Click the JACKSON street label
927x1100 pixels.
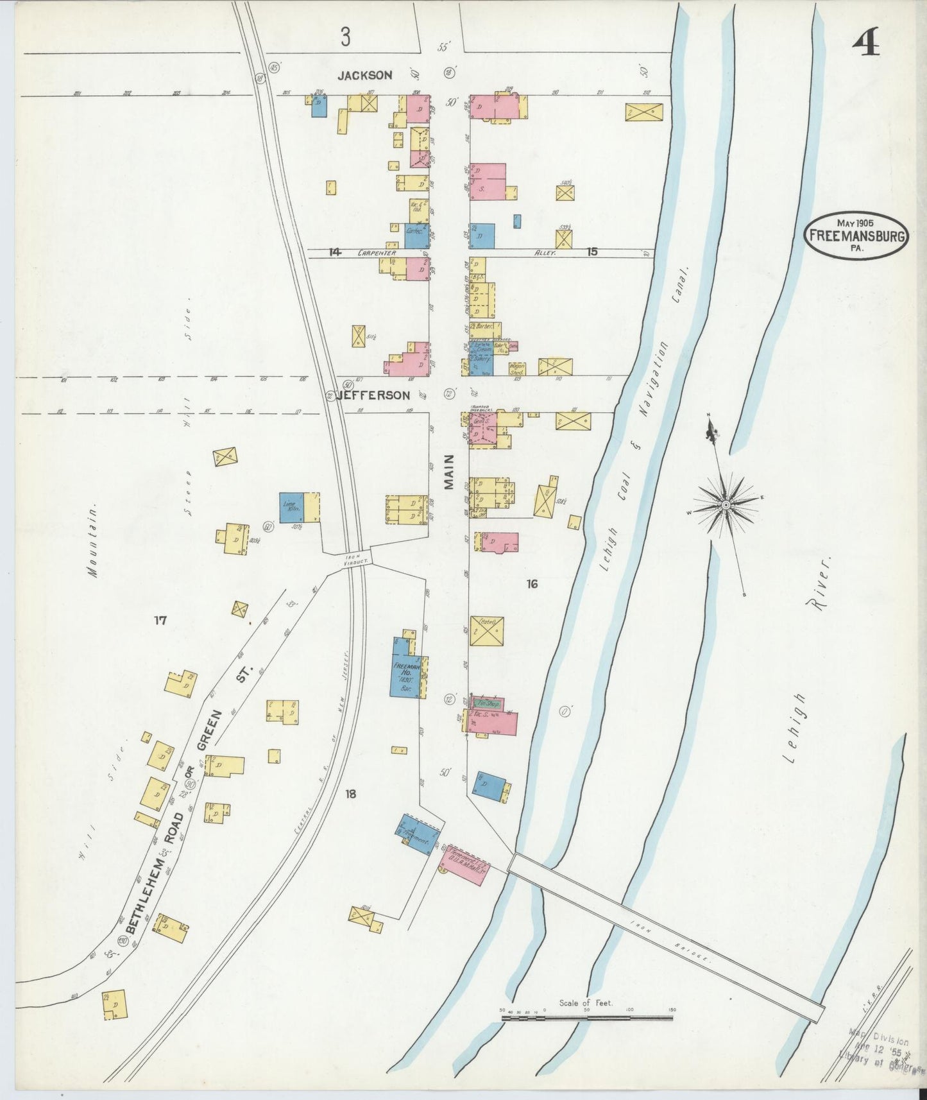(365, 75)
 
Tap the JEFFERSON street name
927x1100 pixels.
(372, 395)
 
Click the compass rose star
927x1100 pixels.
(726, 505)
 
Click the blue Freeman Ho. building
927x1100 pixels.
(405, 667)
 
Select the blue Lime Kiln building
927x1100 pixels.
(292, 506)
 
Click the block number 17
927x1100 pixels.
(160, 621)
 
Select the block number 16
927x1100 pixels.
(531, 583)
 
